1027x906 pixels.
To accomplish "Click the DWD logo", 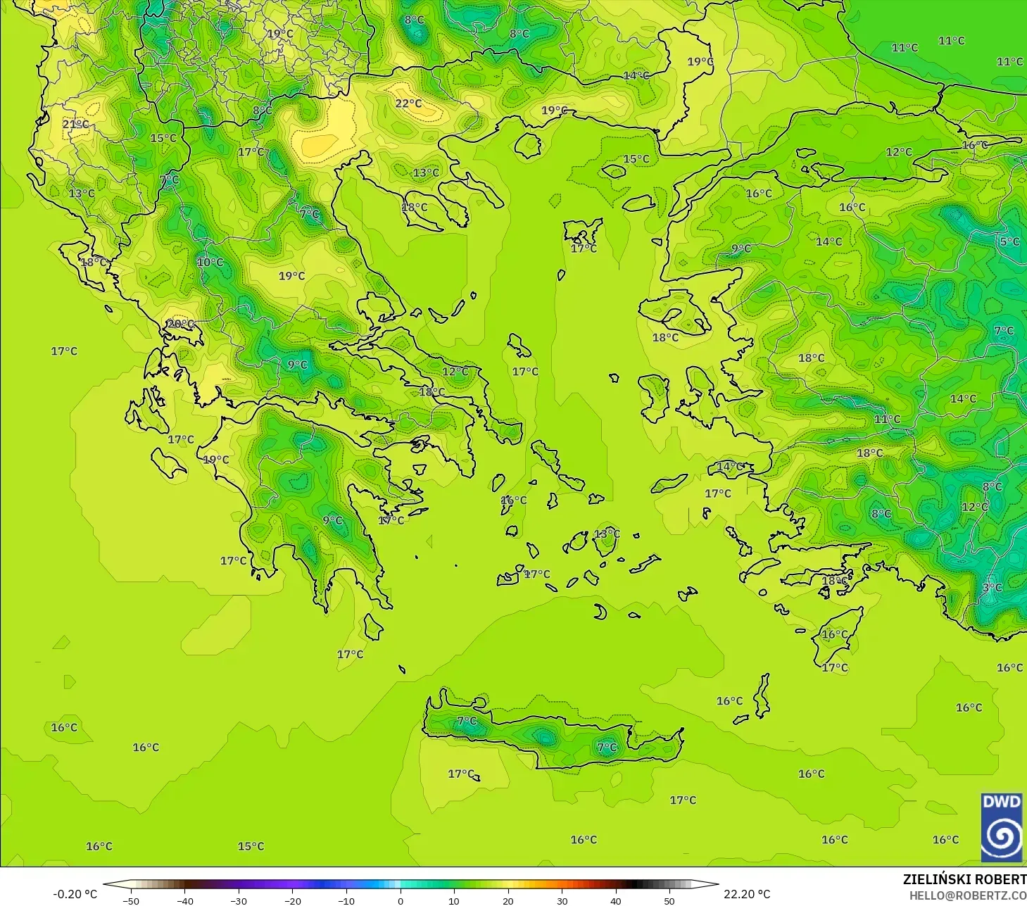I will [1002, 827].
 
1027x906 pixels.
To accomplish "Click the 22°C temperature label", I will [408, 103].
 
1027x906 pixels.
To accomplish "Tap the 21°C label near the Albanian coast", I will [75, 124].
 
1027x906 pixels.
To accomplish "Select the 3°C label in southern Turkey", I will [992, 587].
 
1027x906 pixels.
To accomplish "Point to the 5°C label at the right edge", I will [1009, 241].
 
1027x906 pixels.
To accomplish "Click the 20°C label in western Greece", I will [180, 324].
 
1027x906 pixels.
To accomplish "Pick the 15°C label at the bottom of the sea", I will [251, 846].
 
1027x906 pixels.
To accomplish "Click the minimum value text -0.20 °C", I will [75, 894].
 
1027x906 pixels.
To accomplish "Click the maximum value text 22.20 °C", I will [747, 894].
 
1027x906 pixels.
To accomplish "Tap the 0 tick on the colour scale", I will [400, 900].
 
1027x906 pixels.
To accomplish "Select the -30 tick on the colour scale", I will [239, 900].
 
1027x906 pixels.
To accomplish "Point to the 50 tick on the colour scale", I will [669, 900].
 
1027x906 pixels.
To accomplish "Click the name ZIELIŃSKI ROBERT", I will [964, 879].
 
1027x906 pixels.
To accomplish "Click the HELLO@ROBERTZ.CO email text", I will [967, 895].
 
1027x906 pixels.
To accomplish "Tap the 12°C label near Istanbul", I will [899, 151].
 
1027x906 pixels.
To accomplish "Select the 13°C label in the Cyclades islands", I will [607, 534].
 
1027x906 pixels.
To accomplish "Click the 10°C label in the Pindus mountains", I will [210, 262].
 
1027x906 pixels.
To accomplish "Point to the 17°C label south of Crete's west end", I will [461, 774].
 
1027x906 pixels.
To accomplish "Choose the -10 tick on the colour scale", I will [346, 900].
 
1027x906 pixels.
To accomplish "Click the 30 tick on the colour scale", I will [562, 900].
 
